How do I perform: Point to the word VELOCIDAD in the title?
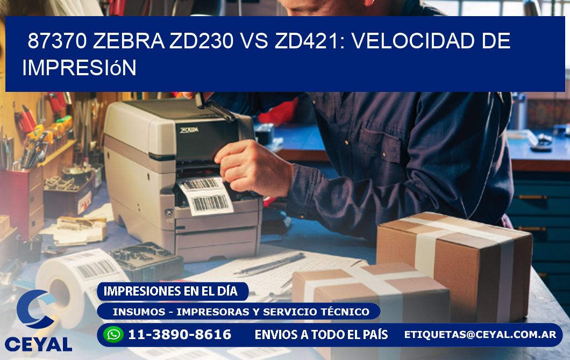click(x=414, y=41)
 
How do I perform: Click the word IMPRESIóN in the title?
click(x=79, y=68)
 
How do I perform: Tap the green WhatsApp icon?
click(x=113, y=334)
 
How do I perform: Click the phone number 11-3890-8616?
click(x=179, y=335)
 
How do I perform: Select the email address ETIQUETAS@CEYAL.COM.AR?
click(x=480, y=334)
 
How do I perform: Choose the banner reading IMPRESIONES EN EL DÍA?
click(x=170, y=291)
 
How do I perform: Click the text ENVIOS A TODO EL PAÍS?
click(x=321, y=335)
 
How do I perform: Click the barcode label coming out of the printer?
click(x=206, y=196)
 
